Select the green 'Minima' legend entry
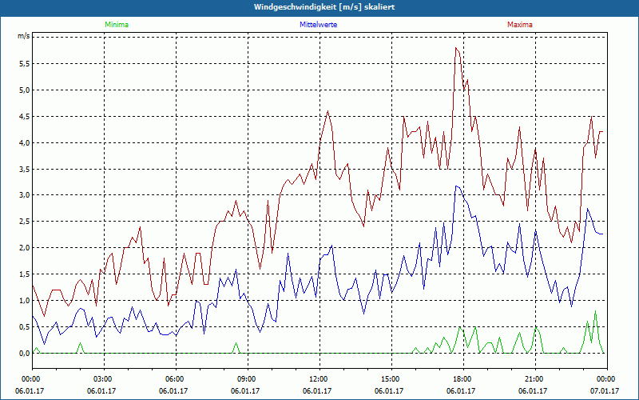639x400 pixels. click(x=116, y=25)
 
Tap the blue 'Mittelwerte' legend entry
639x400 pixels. click(x=318, y=25)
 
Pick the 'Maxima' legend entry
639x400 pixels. click(x=520, y=25)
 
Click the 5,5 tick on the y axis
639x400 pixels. click(x=23, y=63)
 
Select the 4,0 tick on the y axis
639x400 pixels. click(x=23, y=142)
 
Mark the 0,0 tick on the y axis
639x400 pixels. click(x=23, y=353)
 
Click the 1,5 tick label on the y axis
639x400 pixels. click(x=23, y=274)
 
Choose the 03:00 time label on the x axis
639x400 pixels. click(x=103, y=378)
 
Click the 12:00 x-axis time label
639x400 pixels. click(x=318, y=378)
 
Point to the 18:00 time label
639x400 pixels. click(x=462, y=378)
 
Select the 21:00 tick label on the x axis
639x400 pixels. click(x=534, y=378)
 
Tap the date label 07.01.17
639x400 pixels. click(x=605, y=391)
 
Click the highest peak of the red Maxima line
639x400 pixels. click(x=456, y=48)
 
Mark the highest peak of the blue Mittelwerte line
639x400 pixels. click(x=456, y=186)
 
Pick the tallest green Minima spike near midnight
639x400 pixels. click(x=595, y=311)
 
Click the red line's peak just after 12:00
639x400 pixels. click(x=327, y=111)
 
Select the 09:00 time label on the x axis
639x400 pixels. click(x=246, y=378)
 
